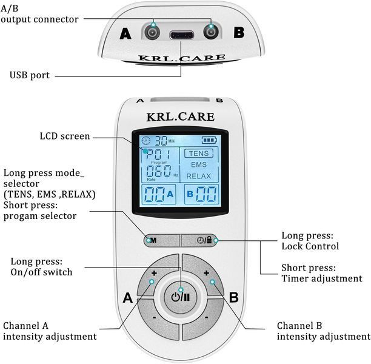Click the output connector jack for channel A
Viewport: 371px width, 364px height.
[x=152, y=32]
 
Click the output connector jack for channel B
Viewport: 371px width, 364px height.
[x=211, y=32]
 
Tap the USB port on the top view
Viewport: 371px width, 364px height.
[x=181, y=36]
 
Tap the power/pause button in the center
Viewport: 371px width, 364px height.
[x=181, y=297]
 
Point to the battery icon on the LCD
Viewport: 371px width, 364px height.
[x=209, y=140]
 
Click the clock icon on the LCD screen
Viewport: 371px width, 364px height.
[x=146, y=141]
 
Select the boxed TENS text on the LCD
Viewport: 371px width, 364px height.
[x=199, y=153]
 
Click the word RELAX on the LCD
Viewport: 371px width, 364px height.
[x=198, y=176]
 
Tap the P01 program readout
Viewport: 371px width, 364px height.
[x=158, y=155]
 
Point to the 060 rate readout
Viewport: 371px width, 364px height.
[x=159, y=171]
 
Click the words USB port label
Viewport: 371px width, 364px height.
[x=30, y=75]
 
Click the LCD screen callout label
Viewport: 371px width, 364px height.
[x=65, y=136]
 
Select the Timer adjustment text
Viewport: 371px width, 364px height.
[x=322, y=278]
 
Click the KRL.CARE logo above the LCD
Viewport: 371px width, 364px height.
[x=181, y=117]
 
